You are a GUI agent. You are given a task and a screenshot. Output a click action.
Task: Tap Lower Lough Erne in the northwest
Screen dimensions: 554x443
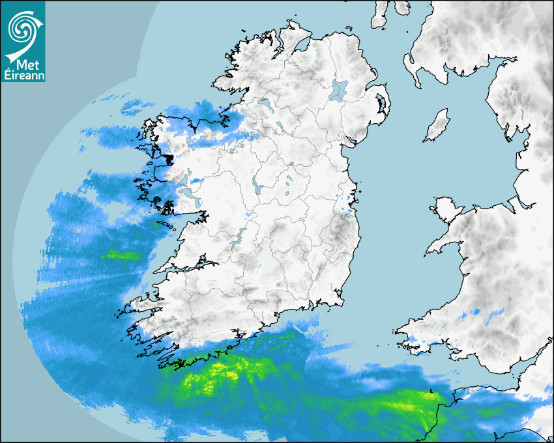[265, 104]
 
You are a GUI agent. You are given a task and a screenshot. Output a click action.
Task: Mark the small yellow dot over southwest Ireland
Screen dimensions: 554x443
[195, 322]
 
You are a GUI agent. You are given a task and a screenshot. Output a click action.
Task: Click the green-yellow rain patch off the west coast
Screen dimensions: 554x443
[122, 255]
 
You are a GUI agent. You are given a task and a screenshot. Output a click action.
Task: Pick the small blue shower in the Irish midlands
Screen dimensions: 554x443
[250, 213]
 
